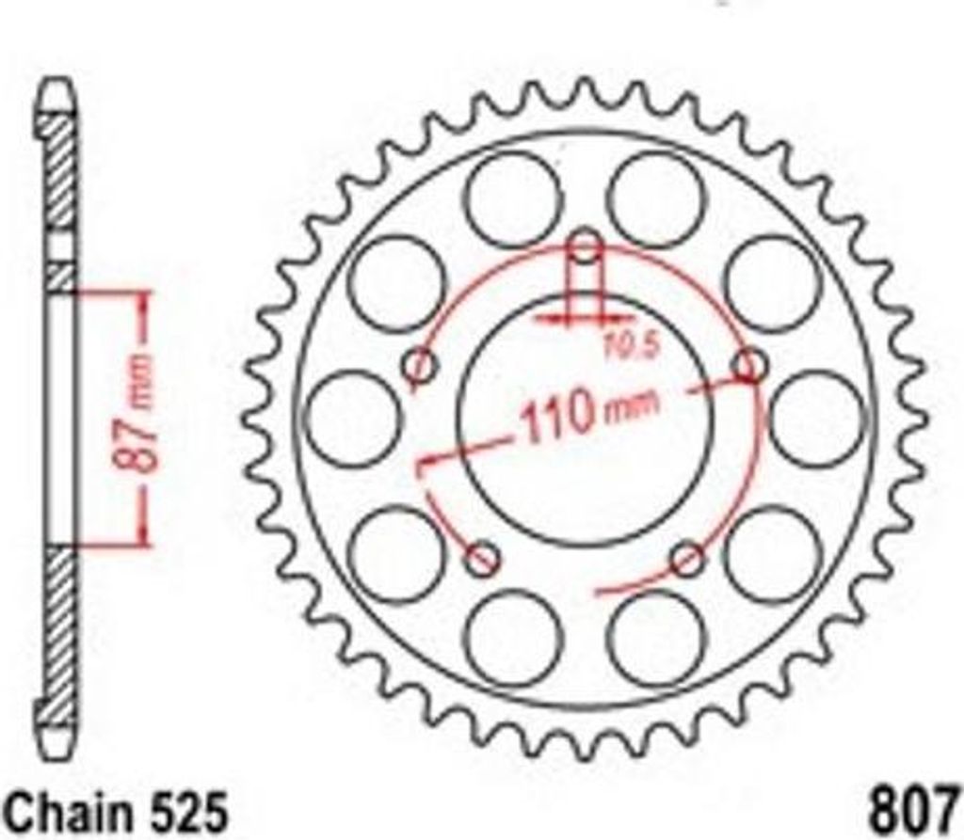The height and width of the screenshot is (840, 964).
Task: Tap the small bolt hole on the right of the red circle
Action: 750,366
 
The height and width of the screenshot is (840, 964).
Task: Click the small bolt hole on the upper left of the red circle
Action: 421,366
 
